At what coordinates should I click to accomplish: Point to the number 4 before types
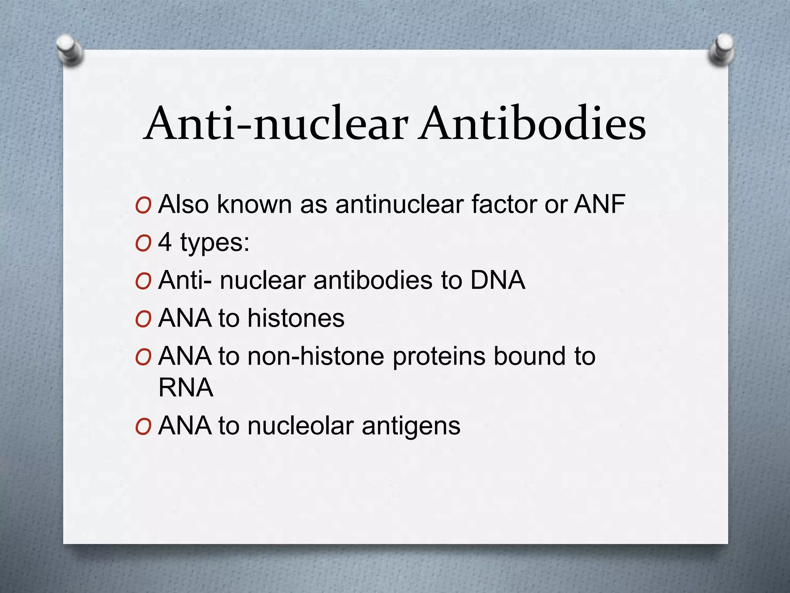pos(165,242)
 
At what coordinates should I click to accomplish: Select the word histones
pos(296,318)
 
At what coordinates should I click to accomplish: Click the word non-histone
pos(316,356)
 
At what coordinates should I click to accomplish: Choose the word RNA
pos(186,387)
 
